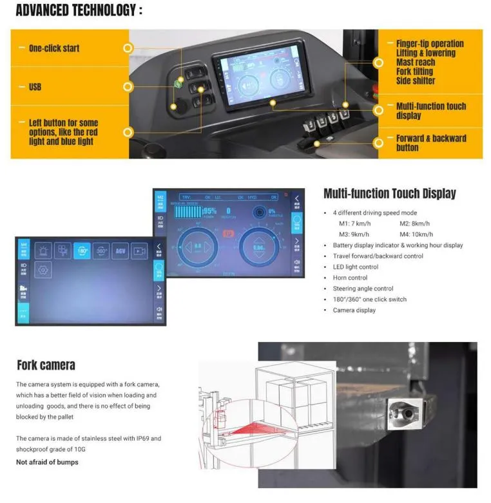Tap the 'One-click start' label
pos(54,48)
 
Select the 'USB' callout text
pos(35,86)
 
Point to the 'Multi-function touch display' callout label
pos(430,111)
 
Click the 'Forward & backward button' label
pos(430,142)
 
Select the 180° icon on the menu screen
pos(81,251)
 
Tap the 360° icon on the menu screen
pos(101,251)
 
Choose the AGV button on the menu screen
pos(120,251)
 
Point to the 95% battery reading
pos(209,211)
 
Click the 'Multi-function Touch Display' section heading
pos(389,193)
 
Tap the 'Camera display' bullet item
pos(354,310)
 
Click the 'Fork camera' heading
pos(46,365)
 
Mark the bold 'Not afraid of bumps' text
pos(47,462)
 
